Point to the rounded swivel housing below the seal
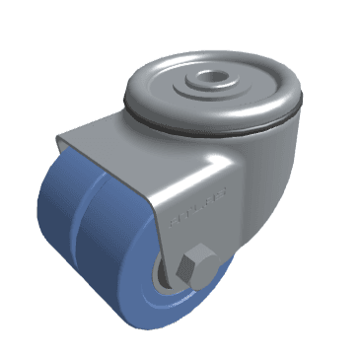[x=261, y=173]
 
